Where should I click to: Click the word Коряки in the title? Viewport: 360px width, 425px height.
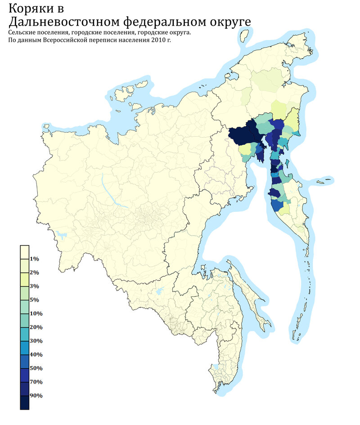[31, 8]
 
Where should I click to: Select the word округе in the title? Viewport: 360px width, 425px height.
[225, 22]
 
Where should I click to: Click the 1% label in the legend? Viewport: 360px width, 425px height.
[35, 259]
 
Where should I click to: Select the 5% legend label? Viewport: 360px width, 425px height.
[35, 300]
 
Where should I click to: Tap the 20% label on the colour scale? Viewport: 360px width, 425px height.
[36, 327]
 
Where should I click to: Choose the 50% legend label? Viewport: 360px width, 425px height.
[36, 368]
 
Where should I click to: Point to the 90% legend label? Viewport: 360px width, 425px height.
[36, 396]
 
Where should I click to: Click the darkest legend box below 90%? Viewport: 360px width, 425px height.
[25, 403]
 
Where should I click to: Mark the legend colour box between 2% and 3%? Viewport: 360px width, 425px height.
[25, 280]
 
